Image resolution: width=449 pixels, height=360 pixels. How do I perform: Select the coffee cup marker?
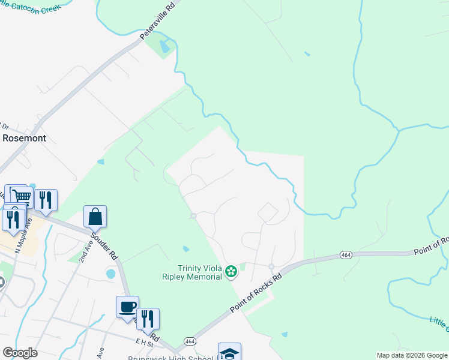(127, 307)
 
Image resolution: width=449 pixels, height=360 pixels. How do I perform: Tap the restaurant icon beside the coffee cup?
(147, 319)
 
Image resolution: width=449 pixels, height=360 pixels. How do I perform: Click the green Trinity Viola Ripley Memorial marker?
(231, 273)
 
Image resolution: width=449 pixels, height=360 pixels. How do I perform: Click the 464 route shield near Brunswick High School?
(190, 340)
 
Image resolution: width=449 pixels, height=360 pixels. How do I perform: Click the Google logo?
(20, 353)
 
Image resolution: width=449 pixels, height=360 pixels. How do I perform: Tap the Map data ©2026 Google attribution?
(412, 355)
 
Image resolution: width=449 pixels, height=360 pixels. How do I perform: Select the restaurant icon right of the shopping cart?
(46, 200)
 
